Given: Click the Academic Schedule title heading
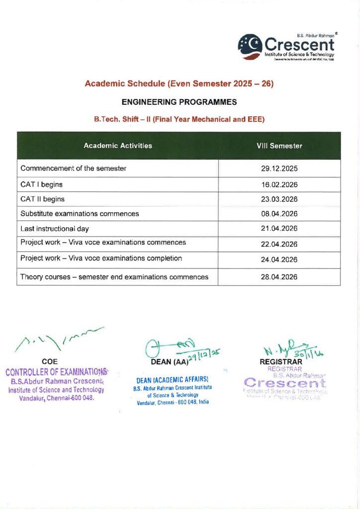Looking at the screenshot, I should pos(180,84).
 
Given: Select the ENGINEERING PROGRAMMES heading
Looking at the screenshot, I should pos(180,102).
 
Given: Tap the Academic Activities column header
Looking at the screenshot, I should pos(118,146).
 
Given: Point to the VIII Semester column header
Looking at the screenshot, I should pos(279,146).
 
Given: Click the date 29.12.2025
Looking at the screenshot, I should pos(279,169).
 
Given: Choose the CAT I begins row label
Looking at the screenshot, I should pos(41,184).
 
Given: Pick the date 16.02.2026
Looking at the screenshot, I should pos(279,184).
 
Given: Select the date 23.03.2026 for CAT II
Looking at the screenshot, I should pos(279,199).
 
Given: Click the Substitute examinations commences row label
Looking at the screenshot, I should pos(80,214).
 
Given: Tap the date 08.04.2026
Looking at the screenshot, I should pos(279,214).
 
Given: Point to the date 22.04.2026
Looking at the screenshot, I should pos(279,244).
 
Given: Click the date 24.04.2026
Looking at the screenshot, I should pos(279,259).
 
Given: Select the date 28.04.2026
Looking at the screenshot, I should pos(279,277).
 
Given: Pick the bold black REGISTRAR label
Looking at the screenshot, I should pos(281,362).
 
